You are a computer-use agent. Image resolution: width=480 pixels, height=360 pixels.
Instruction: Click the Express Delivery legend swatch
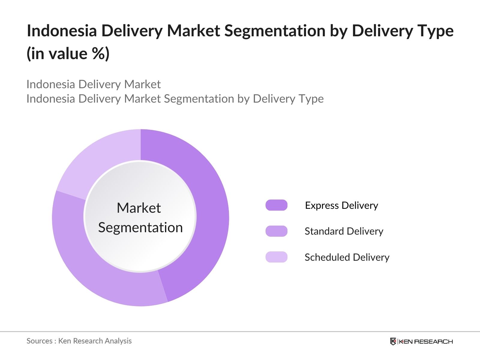(276, 205)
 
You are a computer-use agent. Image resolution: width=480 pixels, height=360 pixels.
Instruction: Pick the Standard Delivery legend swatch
(276, 231)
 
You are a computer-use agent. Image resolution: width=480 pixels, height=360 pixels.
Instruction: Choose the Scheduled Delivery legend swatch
(276, 257)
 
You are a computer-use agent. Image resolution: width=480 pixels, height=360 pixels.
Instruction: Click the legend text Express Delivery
(342, 205)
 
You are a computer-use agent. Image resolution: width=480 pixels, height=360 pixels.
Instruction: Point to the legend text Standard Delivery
(344, 231)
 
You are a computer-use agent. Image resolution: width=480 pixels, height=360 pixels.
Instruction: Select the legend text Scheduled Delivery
(347, 257)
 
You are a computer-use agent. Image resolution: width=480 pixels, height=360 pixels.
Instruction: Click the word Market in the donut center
(139, 208)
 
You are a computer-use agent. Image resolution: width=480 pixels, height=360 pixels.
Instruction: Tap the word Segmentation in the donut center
(140, 228)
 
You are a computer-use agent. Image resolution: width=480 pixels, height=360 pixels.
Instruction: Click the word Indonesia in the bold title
(62, 31)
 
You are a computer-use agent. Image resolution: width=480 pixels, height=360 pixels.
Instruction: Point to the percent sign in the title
(99, 53)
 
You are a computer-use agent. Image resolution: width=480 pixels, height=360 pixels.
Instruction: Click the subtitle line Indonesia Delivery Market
(94, 84)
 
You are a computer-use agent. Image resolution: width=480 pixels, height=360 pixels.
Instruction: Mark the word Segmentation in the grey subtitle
(199, 99)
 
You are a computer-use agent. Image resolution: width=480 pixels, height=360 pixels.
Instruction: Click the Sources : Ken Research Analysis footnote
(79, 341)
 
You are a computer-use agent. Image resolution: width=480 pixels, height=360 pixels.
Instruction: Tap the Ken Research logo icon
(393, 341)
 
